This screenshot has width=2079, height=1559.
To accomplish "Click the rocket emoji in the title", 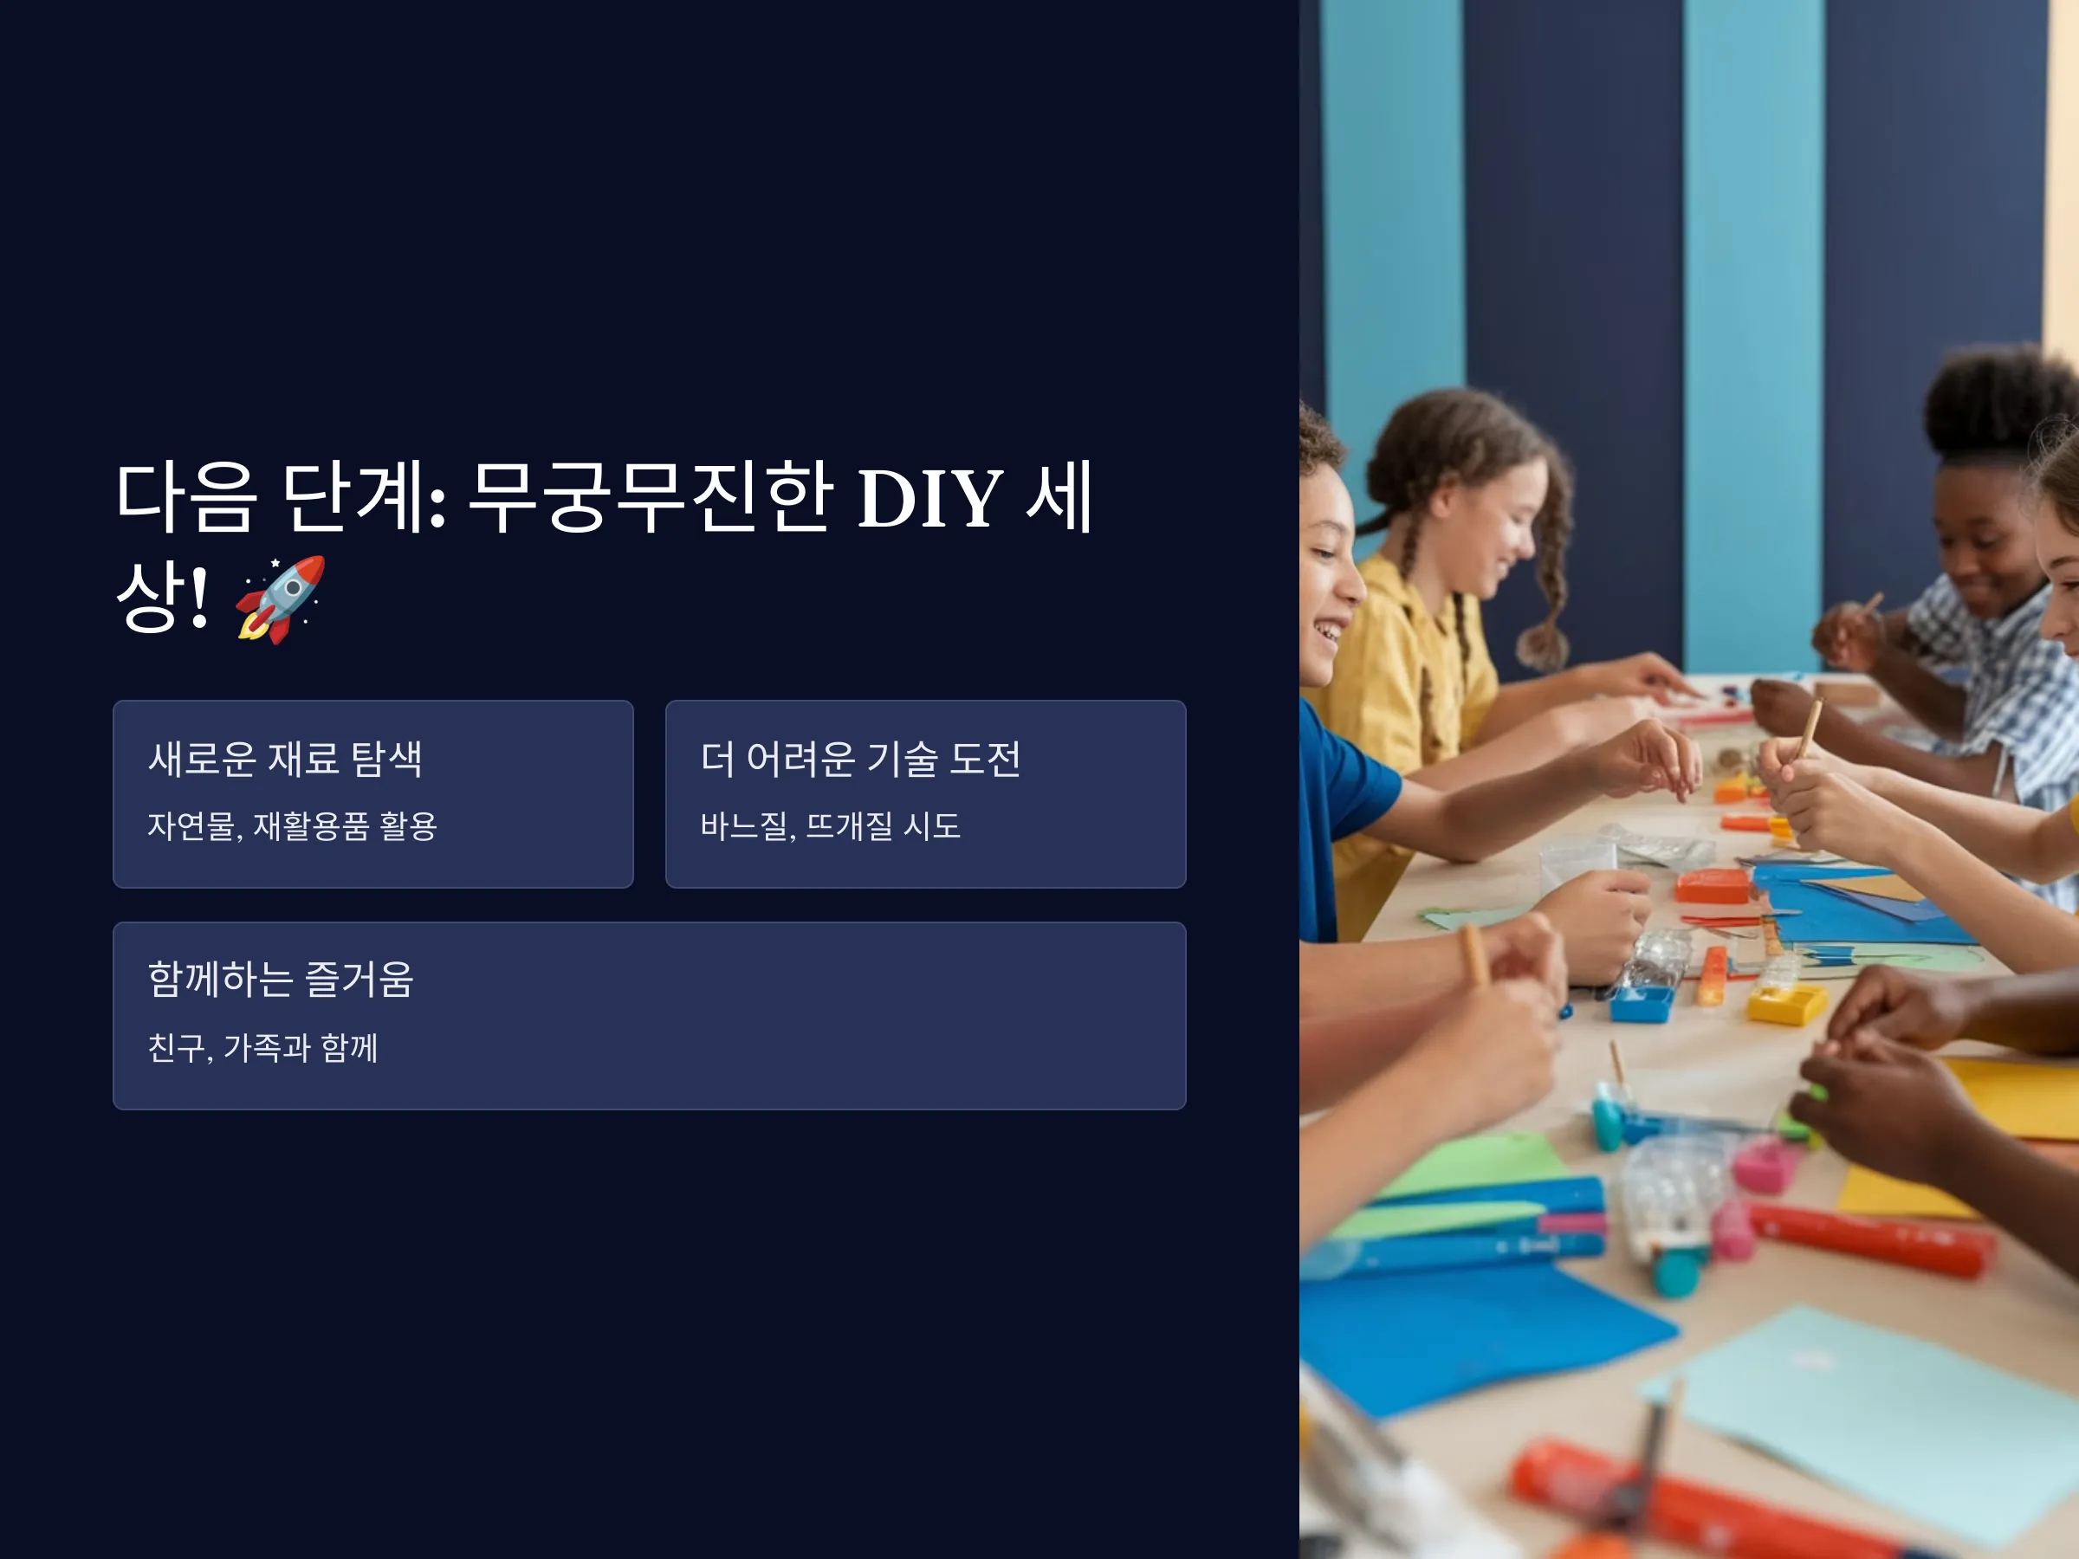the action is pos(280,598).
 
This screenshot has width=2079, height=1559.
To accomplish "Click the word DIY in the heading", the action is pos(929,498).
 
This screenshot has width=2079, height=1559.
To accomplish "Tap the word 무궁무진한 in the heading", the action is pos(650,496).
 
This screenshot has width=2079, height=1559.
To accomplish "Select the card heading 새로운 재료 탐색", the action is pos(285,759).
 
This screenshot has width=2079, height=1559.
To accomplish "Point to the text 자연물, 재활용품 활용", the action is pos(292,826).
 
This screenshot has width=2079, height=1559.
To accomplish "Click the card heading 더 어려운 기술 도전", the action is pos(860,759).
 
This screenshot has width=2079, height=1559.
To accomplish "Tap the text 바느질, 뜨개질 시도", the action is pos(831,826).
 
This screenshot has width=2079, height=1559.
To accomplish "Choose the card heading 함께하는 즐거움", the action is pos(280,980).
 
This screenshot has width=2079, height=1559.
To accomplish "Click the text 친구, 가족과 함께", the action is pos(263,1048).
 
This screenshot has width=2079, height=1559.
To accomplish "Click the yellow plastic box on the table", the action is pos(1785,1004).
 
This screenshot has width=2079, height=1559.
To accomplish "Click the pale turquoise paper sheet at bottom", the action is pos(1870,1414).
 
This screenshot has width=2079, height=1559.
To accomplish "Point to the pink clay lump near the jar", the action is pos(1762,1165).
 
